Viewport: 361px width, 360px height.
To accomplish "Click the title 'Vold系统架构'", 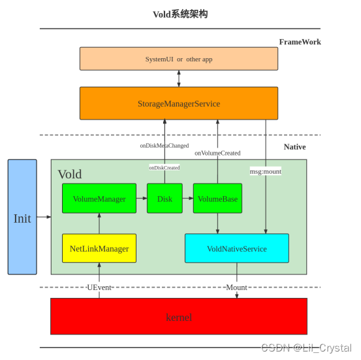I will click(x=180, y=14).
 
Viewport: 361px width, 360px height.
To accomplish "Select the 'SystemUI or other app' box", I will click(x=178, y=59).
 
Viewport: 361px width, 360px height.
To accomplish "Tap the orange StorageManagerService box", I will click(x=178, y=103).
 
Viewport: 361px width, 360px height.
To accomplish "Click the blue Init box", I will click(x=22, y=217).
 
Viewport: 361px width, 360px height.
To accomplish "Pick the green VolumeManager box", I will click(x=99, y=199).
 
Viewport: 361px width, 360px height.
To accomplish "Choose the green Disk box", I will click(x=165, y=199).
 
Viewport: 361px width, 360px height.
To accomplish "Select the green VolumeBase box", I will click(x=217, y=199).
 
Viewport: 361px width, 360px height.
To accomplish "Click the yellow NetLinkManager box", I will click(x=99, y=248).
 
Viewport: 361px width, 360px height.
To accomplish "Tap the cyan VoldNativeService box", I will click(x=236, y=248).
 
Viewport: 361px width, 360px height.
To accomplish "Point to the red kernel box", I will click(x=178, y=316).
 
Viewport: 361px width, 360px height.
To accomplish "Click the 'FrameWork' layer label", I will click(x=300, y=42).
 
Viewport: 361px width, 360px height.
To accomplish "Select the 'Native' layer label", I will click(x=294, y=147).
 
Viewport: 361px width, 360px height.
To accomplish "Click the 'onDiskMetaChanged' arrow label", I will click(x=164, y=146).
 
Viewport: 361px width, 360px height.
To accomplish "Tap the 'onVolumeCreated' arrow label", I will click(x=217, y=153).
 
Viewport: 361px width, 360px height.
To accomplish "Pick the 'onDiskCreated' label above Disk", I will click(x=164, y=167).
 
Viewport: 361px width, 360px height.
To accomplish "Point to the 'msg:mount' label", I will click(x=266, y=171).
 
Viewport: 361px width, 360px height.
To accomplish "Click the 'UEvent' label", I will click(x=99, y=287).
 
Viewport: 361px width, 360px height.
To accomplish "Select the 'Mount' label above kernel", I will click(x=236, y=287).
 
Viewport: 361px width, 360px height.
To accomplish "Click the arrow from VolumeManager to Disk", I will click(x=141, y=199).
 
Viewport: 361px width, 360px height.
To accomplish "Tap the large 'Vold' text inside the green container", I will click(x=70, y=174).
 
